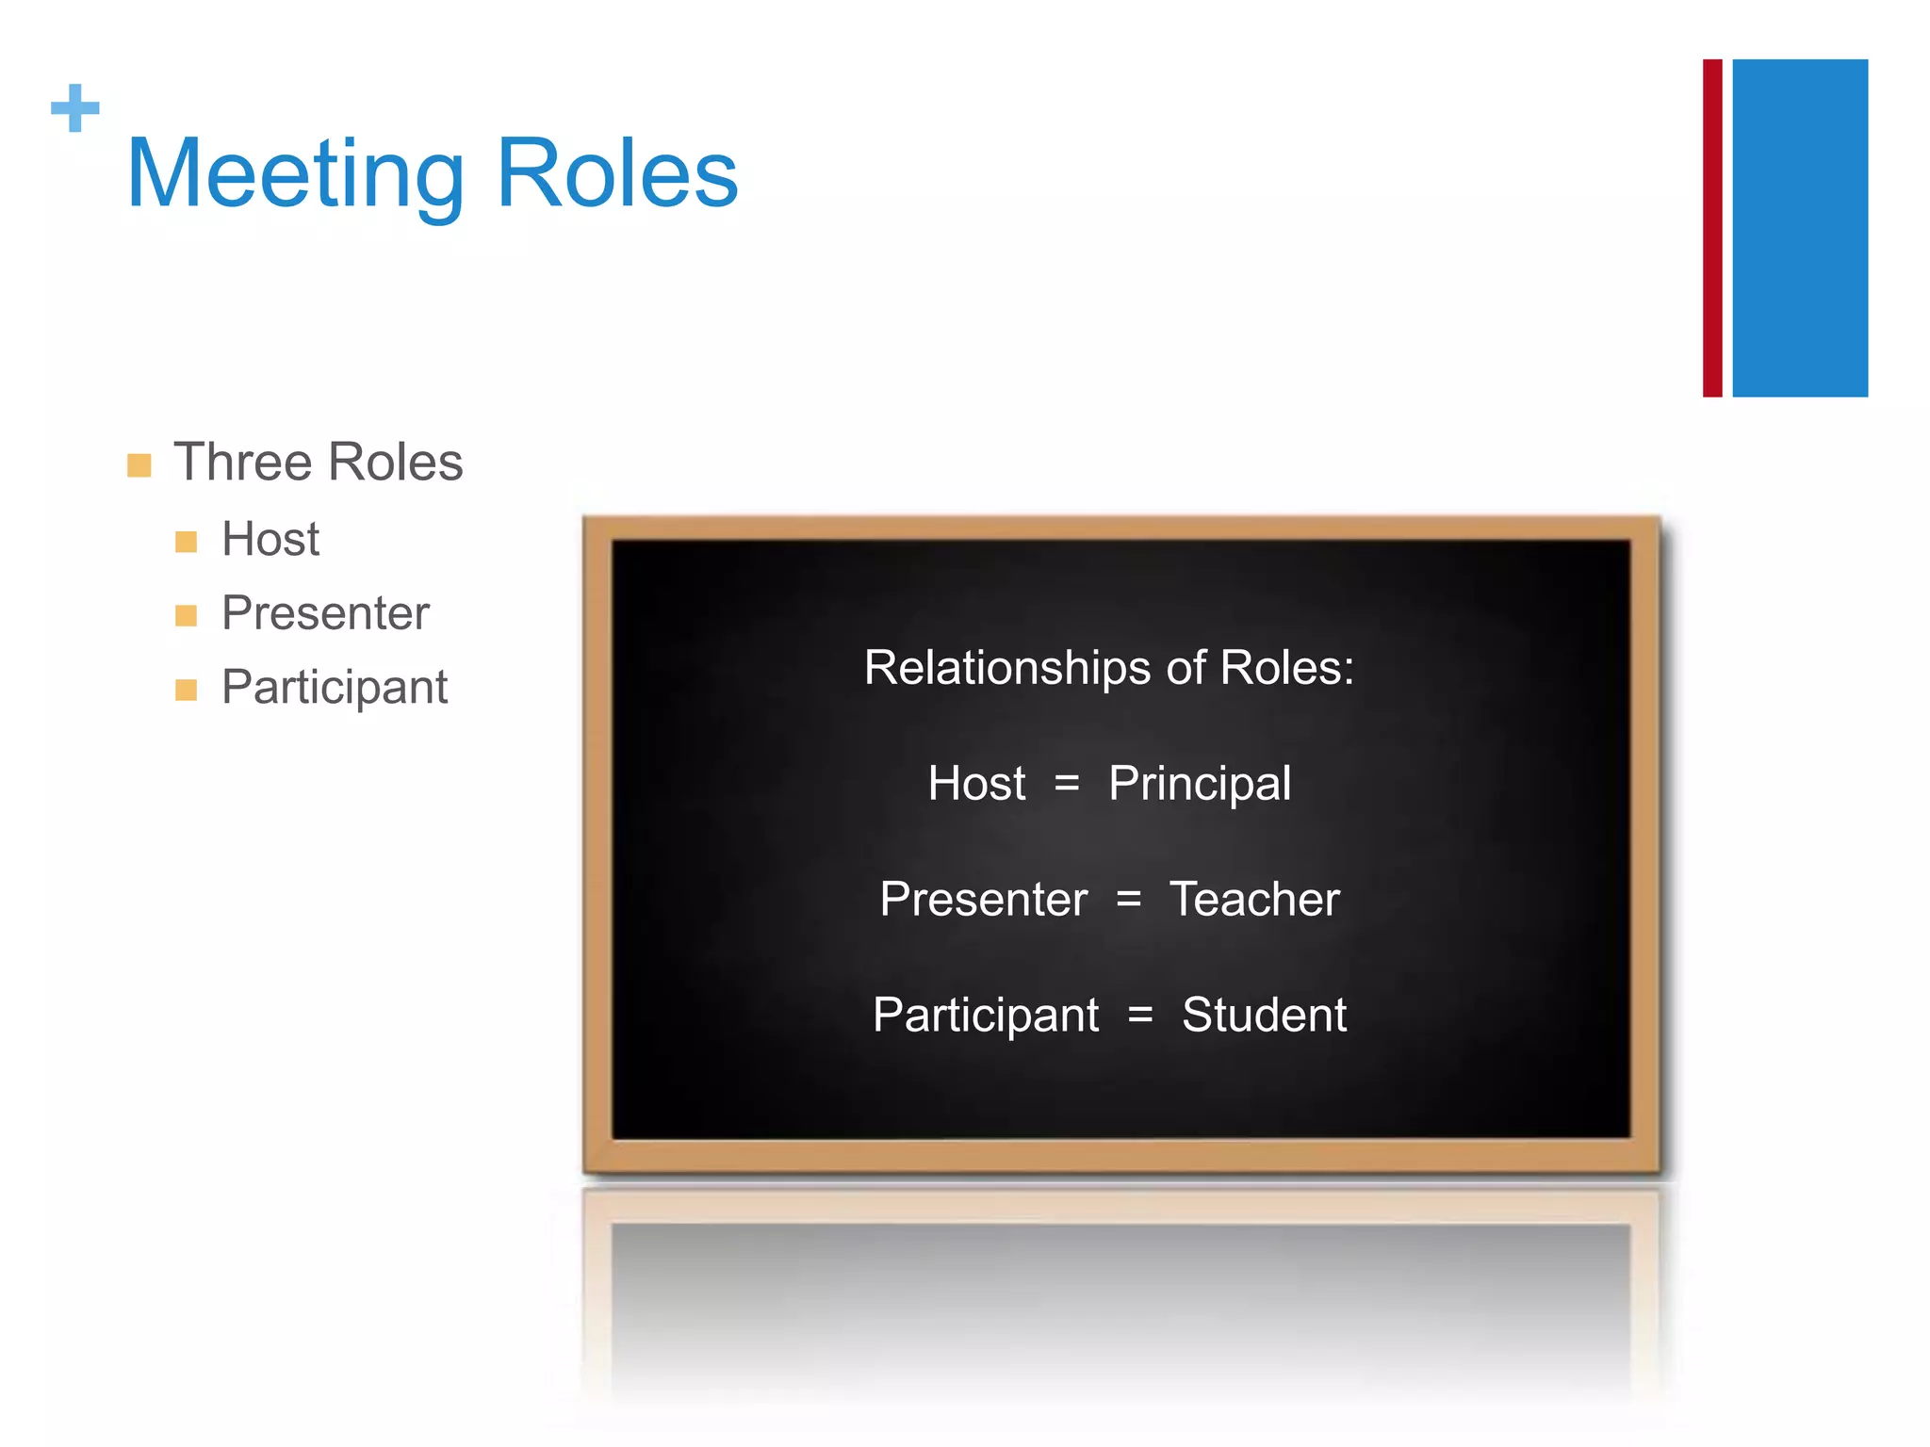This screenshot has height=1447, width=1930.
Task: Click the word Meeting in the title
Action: click(x=295, y=174)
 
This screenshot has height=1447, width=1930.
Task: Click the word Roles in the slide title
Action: click(x=616, y=174)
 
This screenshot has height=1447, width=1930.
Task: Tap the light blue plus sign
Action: click(x=75, y=108)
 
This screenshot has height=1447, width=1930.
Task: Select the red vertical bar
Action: click(x=1711, y=228)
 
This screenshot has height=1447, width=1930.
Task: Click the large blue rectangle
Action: click(x=1799, y=228)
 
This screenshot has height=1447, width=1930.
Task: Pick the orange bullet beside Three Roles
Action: click(x=139, y=465)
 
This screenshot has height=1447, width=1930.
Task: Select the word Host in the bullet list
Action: click(x=270, y=540)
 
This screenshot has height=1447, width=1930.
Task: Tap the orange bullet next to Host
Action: click(x=187, y=542)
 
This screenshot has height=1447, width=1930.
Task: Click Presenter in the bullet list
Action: click(x=325, y=613)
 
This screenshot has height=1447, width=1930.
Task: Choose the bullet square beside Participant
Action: click(x=187, y=691)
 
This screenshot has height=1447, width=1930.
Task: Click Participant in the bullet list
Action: click(x=335, y=688)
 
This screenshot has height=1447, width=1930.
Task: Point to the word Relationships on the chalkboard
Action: click(x=1006, y=668)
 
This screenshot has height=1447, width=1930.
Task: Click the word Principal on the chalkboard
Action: click(x=1199, y=784)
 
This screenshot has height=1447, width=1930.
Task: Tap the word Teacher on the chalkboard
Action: click(x=1253, y=900)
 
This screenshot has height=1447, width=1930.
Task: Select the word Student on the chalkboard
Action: click(x=1264, y=1016)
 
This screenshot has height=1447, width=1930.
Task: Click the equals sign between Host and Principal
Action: click(x=1067, y=784)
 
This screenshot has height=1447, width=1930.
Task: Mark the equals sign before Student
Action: click(x=1140, y=1016)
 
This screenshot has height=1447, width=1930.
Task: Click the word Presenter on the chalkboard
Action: click(x=984, y=900)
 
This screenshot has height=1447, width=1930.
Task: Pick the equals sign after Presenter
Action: click(x=1129, y=900)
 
